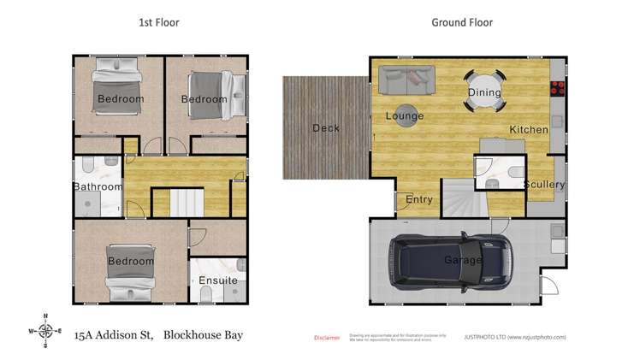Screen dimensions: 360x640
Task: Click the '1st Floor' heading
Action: (x=158, y=22)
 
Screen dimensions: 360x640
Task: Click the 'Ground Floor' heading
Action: (x=462, y=22)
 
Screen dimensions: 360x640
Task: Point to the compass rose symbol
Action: (x=45, y=331)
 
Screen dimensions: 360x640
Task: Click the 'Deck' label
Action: (x=325, y=128)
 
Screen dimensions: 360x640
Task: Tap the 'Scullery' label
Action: (x=543, y=184)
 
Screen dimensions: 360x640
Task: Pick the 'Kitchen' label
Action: (x=529, y=129)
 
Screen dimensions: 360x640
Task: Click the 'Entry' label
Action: (x=419, y=200)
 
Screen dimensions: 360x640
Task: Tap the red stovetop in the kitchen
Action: (x=559, y=86)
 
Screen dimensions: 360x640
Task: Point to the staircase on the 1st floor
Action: (x=186, y=204)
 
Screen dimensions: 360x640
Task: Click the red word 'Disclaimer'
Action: (x=327, y=338)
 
